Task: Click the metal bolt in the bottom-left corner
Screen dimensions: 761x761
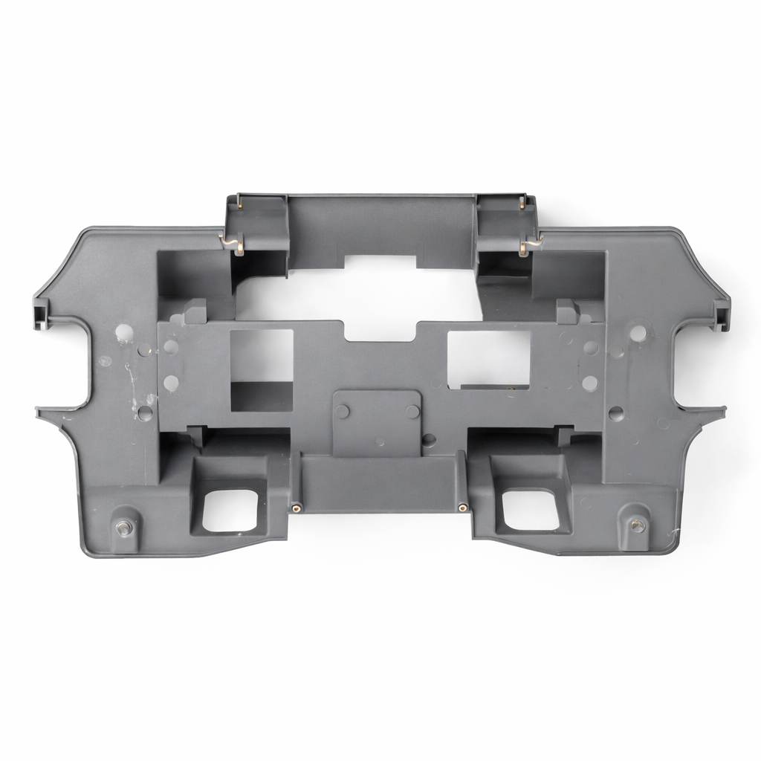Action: [x=123, y=527]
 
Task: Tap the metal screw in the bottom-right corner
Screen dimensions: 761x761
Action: [x=635, y=525]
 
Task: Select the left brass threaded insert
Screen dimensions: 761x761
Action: [x=297, y=508]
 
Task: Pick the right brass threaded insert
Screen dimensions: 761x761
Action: [x=462, y=508]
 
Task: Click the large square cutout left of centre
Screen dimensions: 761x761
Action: [x=262, y=369]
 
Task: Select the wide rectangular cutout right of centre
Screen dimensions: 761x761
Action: [x=489, y=359]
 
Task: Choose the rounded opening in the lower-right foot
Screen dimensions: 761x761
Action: [x=531, y=509]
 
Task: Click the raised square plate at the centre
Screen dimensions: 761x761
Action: [x=377, y=422]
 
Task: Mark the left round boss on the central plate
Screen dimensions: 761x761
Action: [x=343, y=412]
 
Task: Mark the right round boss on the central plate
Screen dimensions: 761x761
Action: [x=412, y=412]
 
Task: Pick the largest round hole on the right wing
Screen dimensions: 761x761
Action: [x=638, y=333]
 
